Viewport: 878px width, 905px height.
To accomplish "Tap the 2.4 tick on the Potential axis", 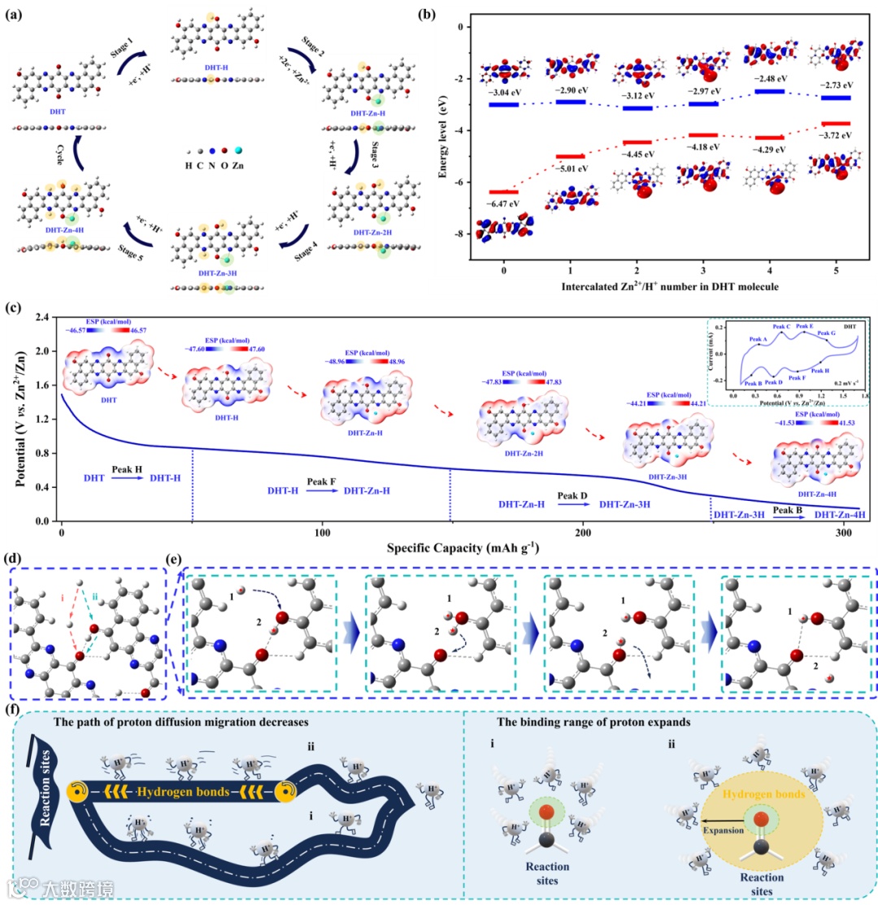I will coord(46,317).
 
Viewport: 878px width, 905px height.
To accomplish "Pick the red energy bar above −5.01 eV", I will coord(569,156).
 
